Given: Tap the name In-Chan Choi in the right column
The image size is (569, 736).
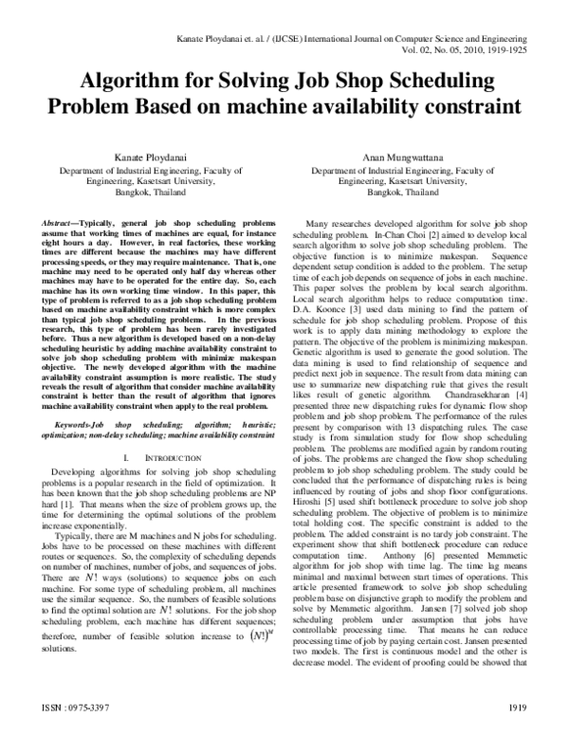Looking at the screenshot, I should pyautogui.click(x=423, y=231).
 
